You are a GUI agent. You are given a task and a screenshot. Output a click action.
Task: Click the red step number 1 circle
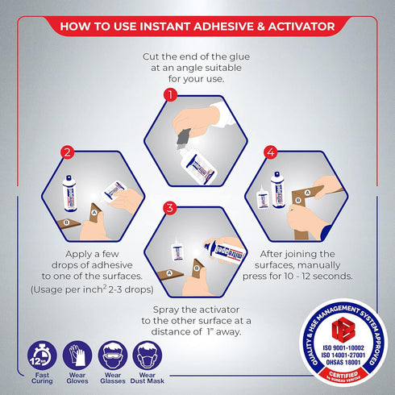pos(169,95)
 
